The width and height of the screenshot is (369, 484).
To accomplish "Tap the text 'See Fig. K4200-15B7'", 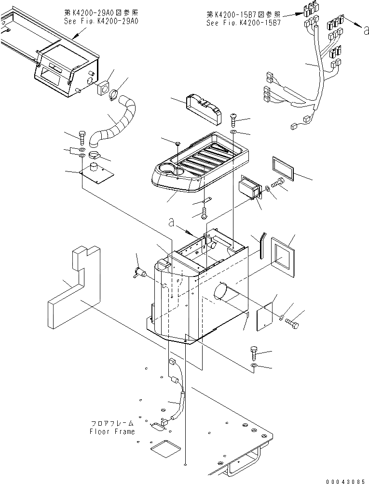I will (243, 22).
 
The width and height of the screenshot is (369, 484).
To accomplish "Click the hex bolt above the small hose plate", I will (82, 138).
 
